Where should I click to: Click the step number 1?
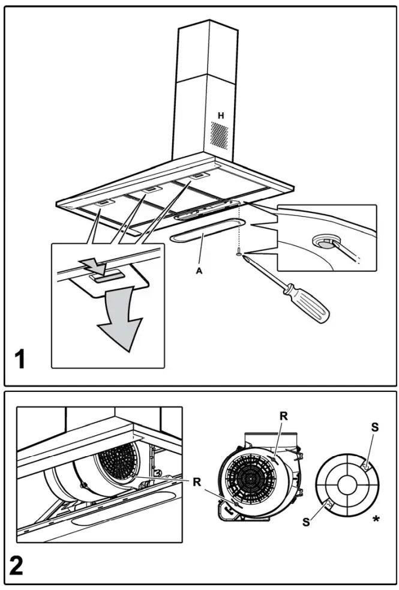click(22, 361)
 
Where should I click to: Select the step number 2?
click(22, 565)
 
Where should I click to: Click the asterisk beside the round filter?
click(376, 518)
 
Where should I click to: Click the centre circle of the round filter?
click(345, 484)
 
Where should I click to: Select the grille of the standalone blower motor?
click(248, 480)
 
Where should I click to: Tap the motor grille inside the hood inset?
click(118, 461)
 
